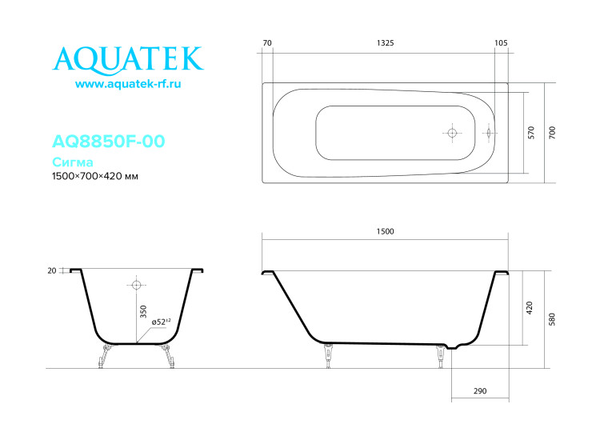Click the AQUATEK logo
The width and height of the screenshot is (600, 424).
pos(127,58)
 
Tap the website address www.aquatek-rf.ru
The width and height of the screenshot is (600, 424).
pos(128,84)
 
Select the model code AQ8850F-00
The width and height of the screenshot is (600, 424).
pos(108,142)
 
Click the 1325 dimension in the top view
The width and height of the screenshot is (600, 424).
pos(384,42)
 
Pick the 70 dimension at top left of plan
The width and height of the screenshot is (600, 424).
pos(267,42)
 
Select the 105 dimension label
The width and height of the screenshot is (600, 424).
pos(502,42)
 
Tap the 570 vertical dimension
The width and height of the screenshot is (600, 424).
pos(532,132)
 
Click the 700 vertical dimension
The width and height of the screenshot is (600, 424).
pos(553,132)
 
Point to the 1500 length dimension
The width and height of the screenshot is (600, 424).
pos(385,231)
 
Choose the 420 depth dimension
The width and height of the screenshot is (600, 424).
pos(530,308)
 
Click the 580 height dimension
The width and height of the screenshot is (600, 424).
pos(552,318)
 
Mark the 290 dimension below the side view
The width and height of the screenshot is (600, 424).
pos(480,391)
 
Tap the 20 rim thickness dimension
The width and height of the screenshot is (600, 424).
pos(52,270)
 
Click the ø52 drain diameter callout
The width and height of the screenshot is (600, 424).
pos(161,322)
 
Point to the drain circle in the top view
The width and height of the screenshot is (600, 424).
pos(452,133)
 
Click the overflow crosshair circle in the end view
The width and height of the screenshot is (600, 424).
pos(136,285)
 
